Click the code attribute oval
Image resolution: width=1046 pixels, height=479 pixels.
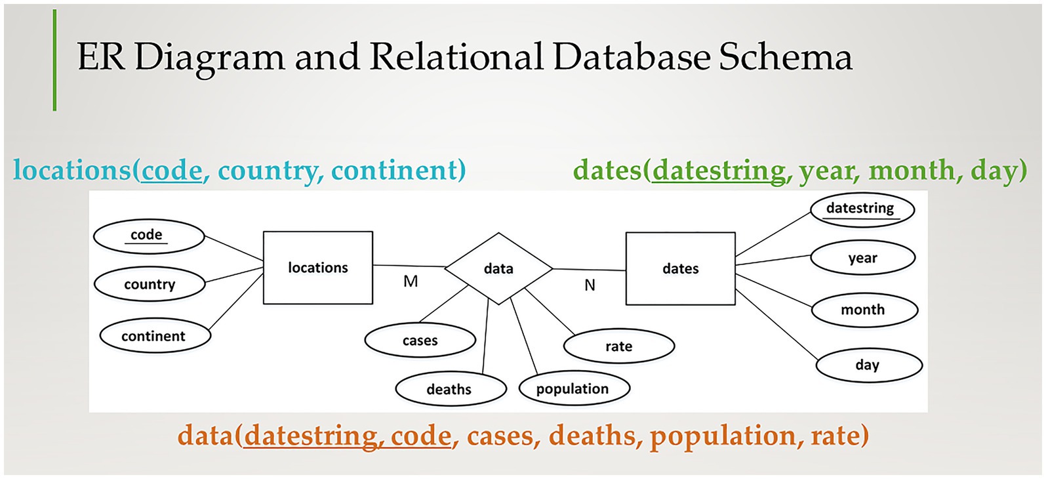tap(149, 236)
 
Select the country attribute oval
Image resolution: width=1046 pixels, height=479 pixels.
tap(150, 284)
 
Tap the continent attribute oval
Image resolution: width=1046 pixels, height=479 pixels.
tap(155, 336)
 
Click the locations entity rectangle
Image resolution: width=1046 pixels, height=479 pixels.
tap(318, 268)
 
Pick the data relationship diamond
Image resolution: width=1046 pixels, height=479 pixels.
tap(498, 268)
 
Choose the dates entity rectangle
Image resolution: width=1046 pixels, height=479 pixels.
tap(681, 268)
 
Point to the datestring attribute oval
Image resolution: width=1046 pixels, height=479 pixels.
tap(860, 209)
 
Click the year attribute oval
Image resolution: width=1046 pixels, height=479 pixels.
tap(862, 258)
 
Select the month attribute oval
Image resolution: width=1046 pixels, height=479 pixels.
tap(864, 310)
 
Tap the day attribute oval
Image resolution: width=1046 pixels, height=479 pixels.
tap(868, 365)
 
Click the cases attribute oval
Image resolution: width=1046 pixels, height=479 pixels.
tap(420, 341)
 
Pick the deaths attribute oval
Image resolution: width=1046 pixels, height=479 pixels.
tap(451, 389)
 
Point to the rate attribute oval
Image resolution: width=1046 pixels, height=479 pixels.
tap(619, 346)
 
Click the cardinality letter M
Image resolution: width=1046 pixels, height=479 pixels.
tap(411, 281)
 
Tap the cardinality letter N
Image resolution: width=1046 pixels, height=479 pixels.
tap(590, 285)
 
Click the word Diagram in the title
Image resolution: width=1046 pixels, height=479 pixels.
tap(210, 58)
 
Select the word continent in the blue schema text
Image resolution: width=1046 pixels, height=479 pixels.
tap(397, 171)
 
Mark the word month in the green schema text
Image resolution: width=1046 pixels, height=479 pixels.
tap(912, 171)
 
